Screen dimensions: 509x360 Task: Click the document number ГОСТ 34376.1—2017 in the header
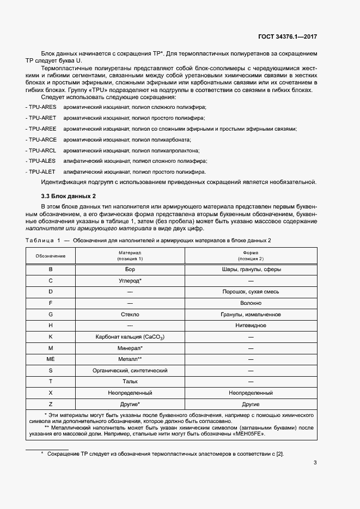pyautogui.click(x=287, y=36)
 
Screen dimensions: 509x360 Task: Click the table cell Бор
pyautogui.click(x=130, y=269)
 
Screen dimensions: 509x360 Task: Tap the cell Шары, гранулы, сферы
pyautogui.click(x=251, y=269)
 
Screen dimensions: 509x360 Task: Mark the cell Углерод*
pyautogui.click(x=130, y=280)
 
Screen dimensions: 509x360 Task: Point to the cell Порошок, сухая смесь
pyautogui.click(x=251, y=292)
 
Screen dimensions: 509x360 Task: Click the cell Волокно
pyautogui.click(x=251, y=303)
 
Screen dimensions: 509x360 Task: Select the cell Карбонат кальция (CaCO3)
pyautogui.click(x=130, y=337)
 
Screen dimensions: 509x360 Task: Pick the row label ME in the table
pyautogui.click(x=51, y=359)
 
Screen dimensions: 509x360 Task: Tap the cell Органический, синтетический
pyautogui.click(x=130, y=370)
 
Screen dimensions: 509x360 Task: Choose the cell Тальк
pyautogui.click(x=130, y=382)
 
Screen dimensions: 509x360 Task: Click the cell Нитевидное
pyautogui.click(x=251, y=325)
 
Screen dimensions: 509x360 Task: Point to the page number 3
pyautogui.click(x=315, y=464)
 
